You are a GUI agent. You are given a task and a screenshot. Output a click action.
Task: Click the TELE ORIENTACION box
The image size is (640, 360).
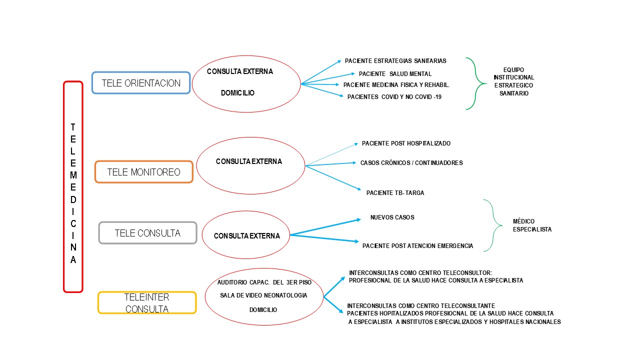(x=141, y=83)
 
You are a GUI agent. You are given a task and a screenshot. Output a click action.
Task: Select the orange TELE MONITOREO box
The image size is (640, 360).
(x=144, y=172)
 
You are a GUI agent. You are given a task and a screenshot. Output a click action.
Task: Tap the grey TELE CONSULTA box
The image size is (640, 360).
(x=147, y=233)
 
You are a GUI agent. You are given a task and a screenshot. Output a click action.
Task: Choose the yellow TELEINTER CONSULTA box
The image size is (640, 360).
(x=147, y=303)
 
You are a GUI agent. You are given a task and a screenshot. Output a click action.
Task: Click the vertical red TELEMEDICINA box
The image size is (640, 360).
(x=73, y=186)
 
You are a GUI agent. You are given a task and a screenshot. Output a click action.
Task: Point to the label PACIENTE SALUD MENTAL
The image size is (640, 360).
(x=395, y=74)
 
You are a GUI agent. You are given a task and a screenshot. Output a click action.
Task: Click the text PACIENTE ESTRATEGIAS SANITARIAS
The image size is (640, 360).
(x=395, y=61)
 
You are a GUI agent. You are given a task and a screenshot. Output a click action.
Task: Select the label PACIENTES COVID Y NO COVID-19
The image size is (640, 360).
(x=394, y=97)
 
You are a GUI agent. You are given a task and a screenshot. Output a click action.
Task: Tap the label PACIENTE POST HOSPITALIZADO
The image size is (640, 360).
(x=406, y=143)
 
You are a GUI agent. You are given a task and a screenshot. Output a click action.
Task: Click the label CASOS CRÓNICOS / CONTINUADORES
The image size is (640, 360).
(x=411, y=163)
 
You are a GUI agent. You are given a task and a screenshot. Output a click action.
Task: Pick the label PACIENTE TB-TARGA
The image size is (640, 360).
(x=395, y=193)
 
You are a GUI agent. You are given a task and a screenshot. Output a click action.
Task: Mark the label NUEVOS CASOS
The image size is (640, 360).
(x=392, y=217)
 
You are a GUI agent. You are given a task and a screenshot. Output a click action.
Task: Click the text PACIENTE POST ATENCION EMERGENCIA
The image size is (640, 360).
(x=417, y=246)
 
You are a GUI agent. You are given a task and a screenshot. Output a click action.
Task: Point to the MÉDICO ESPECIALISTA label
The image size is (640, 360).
(x=532, y=225)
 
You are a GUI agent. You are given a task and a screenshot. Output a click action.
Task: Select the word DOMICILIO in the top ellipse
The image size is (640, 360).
(x=237, y=93)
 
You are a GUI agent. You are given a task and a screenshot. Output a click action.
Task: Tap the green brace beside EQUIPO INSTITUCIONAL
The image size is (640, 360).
(x=475, y=83)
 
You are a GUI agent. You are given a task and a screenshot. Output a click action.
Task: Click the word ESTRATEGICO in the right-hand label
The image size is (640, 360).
(x=513, y=85)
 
